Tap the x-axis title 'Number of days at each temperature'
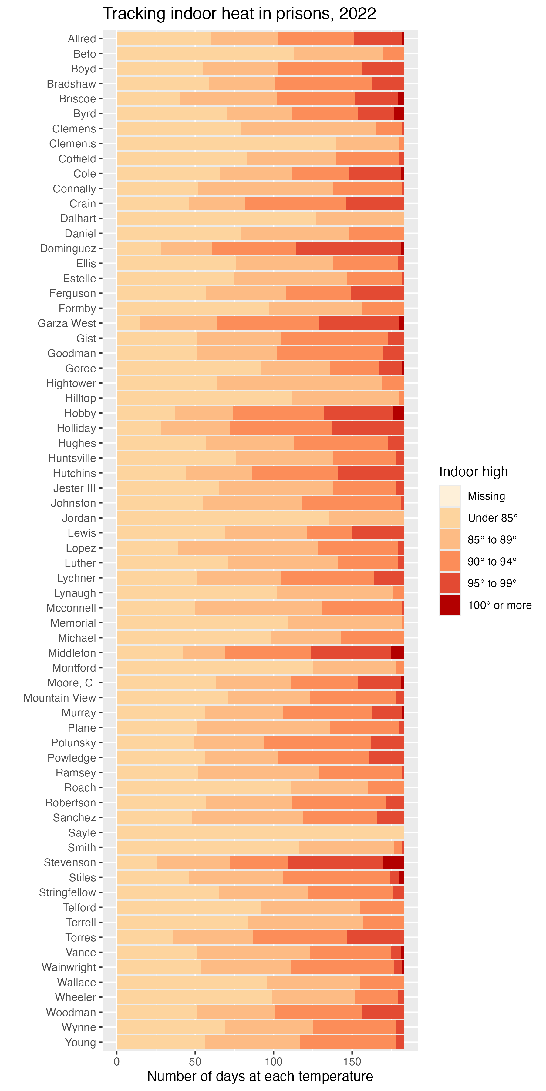(x=260, y=1076)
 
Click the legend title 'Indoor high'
(x=473, y=472)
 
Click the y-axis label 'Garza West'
(x=67, y=324)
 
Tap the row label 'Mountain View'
(x=60, y=698)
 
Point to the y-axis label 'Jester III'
(x=75, y=488)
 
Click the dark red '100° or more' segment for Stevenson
(x=393, y=863)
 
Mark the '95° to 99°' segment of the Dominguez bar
(x=348, y=249)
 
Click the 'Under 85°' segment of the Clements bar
(x=226, y=144)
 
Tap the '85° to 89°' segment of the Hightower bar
(x=299, y=383)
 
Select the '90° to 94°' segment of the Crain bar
(x=295, y=204)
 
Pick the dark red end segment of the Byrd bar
(x=399, y=114)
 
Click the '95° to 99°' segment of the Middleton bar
(x=351, y=653)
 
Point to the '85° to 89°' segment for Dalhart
(x=359, y=219)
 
